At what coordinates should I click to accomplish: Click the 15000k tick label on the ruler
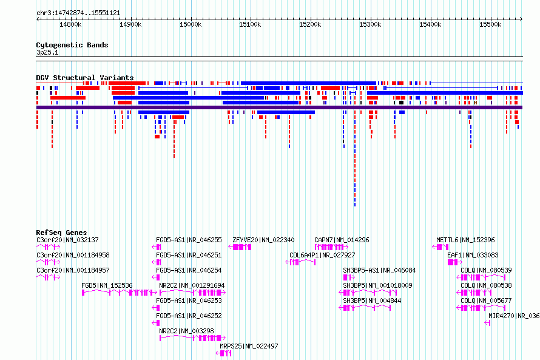pos(191,24)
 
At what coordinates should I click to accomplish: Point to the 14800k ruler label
pos(70,24)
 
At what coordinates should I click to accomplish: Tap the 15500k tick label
pos(490,24)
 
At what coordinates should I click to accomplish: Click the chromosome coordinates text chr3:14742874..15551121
pos(78,13)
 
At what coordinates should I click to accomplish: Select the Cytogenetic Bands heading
pos(72,45)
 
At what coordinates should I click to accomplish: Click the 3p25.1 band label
pos(47,52)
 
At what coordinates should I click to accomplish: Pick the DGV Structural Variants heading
pos(85,78)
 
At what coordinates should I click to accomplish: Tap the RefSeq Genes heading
pos(61,233)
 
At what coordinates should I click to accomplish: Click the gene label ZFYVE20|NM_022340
pos(263,240)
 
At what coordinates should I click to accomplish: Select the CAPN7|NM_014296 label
pos(342,240)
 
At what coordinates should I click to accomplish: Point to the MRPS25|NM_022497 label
pos(249,346)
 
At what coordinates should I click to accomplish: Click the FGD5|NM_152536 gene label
pos(107,285)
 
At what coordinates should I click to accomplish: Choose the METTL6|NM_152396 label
pos(465,240)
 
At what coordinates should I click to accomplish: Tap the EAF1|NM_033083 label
pos(473,255)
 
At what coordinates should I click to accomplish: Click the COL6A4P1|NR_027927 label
pos(322,255)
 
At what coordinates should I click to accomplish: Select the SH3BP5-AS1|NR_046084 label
pos(379,270)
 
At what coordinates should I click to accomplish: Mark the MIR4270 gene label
pos(514,316)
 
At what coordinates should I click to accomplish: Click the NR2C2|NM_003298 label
pos(186,331)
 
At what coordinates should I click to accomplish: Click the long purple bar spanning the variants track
pos(279,107)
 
